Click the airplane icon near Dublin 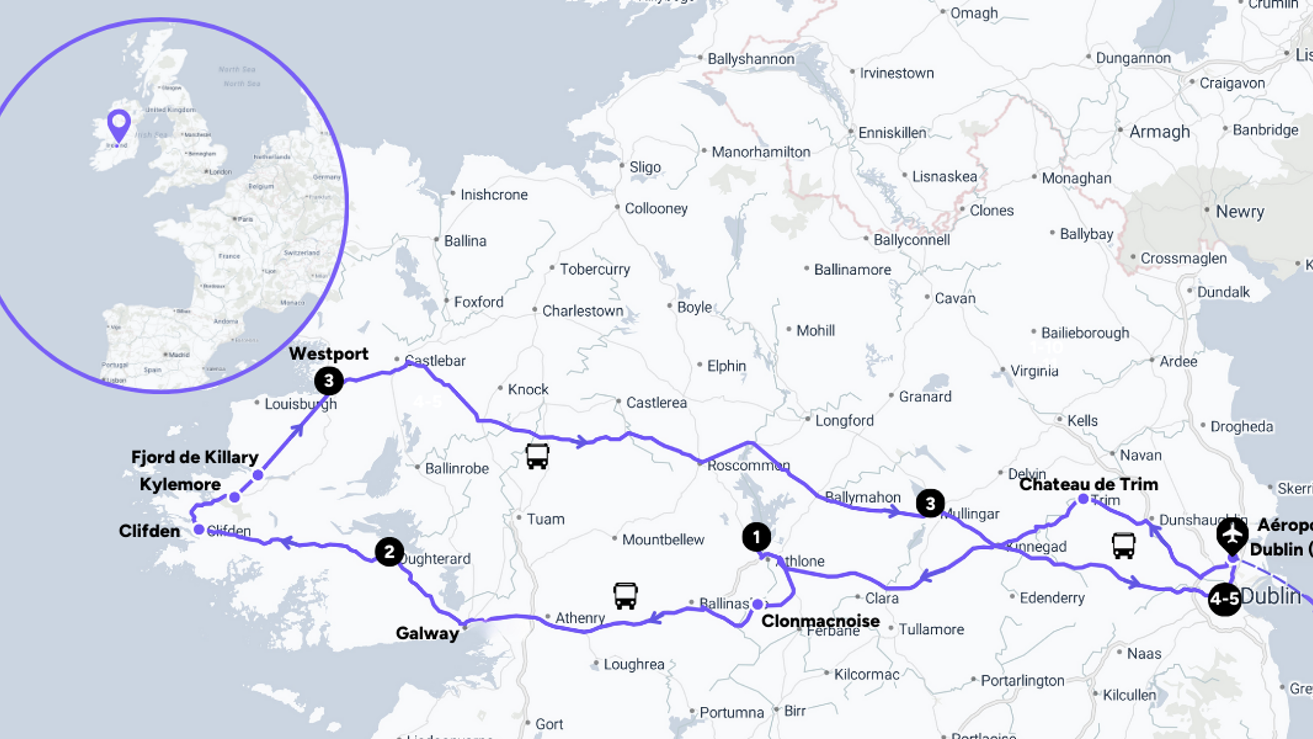tap(1232, 533)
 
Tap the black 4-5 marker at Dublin tap(1224, 598)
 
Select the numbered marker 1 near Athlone tap(756, 537)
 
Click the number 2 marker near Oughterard tap(389, 552)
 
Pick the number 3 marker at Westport tap(329, 381)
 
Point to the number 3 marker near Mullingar tap(930, 504)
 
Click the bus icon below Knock tap(537, 456)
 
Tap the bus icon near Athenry tap(625, 596)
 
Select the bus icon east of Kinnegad tap(1123, 545)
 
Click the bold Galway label tap(427, 633)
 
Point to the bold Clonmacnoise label tap(820, 621)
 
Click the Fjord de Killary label tap(195, 457)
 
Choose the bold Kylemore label tap(180, 485)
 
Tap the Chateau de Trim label tap(1088, 484)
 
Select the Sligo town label tap(645, 168)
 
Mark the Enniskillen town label tap(892, 133)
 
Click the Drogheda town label tap(1241, 427)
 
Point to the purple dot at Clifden tap(199, 529)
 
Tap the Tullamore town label tap(930, 629)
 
